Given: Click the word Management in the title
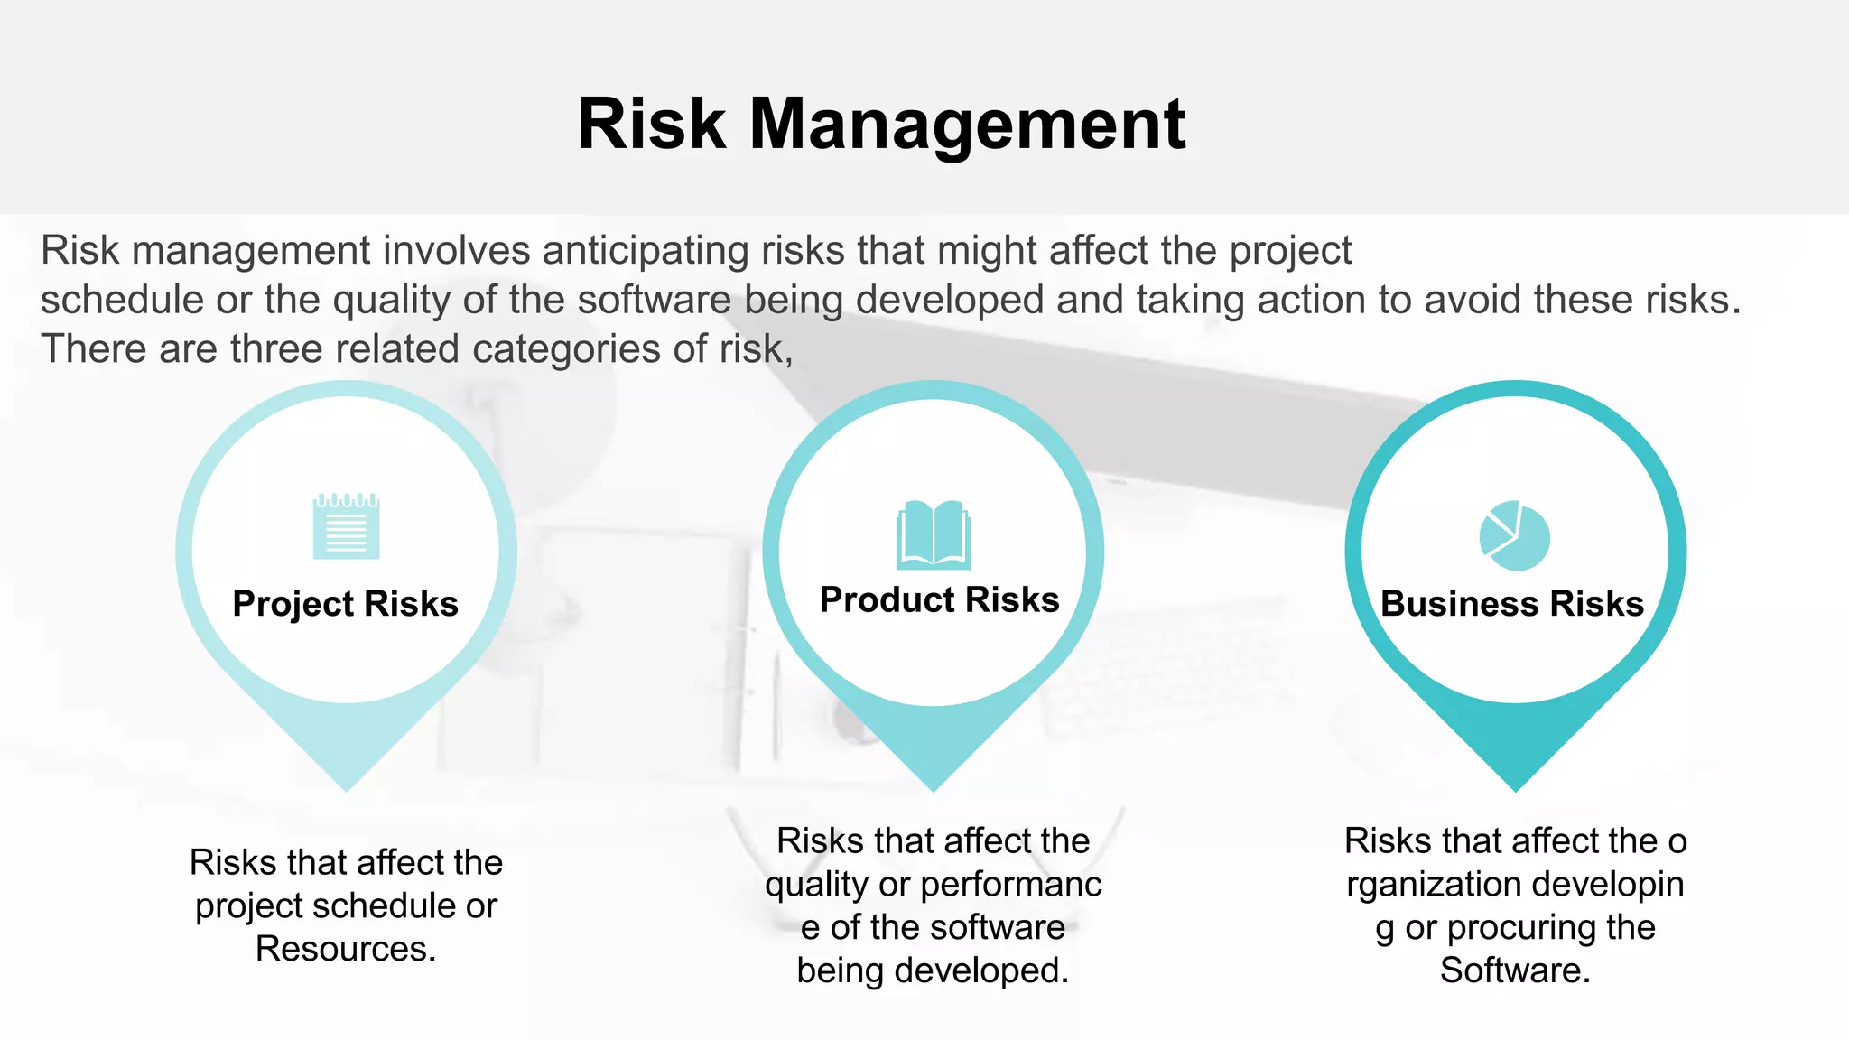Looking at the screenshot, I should (x=967, y=125).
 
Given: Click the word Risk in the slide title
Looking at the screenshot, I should (x=651, y=125).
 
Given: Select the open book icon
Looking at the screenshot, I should (x=933, y=535).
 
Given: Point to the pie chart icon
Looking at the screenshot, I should (x=1514, y=536).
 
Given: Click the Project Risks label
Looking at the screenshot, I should (x=345, y=604).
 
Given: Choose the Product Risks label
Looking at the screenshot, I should (x=939, y=600).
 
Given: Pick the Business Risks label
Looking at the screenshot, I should (x=1512, y=604).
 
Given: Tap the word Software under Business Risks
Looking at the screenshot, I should (x=1513, y=970).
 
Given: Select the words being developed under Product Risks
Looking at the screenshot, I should (x=932, y=970).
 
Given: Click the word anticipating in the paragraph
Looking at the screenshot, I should (x=645, y=251).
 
